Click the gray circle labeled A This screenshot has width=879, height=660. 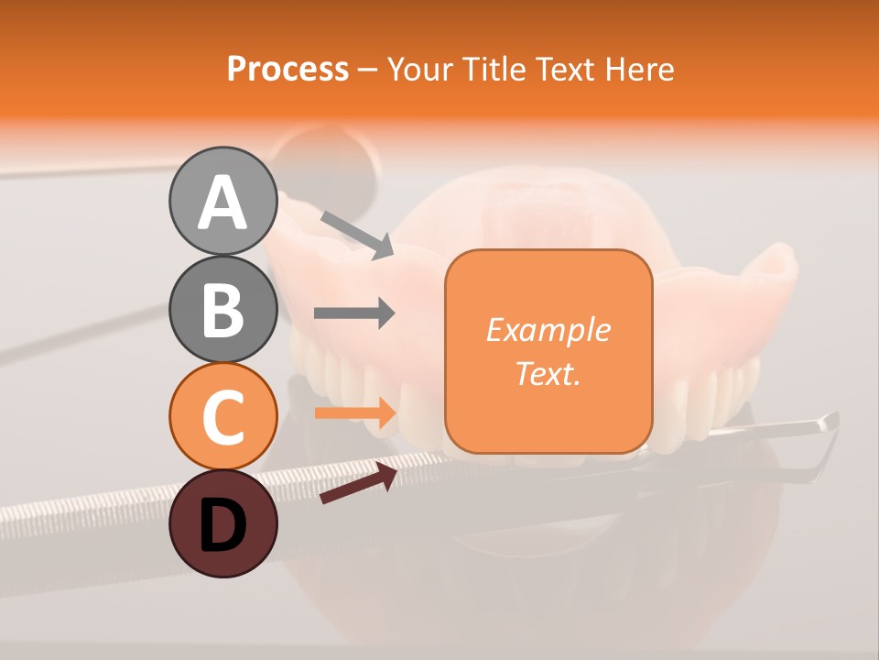(x=222, y=201)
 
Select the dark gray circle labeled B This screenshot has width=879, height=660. (x=222, y=309)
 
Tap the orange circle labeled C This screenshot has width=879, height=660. (x=222, y=416)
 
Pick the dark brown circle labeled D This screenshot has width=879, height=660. (x=222, y=523)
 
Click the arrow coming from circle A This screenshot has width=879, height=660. (x=357, y=234)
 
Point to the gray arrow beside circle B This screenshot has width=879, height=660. (x=354, y=313)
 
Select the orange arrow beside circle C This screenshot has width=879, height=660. (x=354, y=412)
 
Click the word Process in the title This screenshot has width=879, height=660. (x=288, y=69)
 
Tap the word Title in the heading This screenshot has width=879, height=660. (x=494, y=69)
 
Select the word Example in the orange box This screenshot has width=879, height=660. (x=548, y=330)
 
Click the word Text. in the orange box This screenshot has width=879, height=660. (x=548, y=373)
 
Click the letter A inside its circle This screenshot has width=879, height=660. (x=222, y=203)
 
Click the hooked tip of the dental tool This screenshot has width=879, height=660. (x=829, y=422)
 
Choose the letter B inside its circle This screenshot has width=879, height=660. (x=222, y=311)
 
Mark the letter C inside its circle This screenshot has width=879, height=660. (x=222, y=418)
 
